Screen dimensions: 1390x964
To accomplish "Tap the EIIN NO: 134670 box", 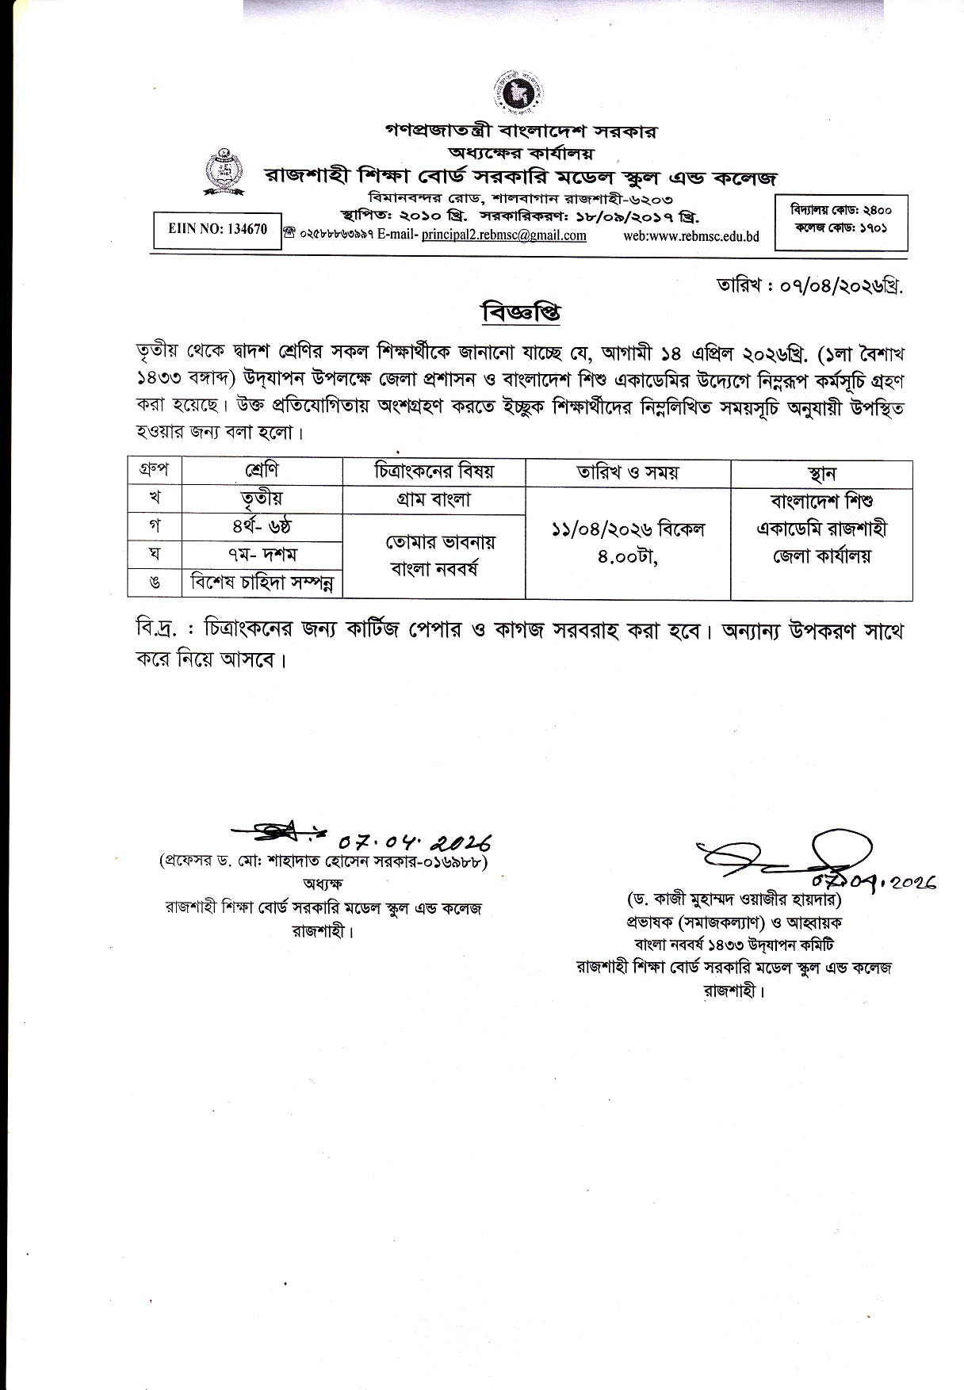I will click(218, 230).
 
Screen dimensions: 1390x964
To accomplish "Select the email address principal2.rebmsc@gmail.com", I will click(503, 235).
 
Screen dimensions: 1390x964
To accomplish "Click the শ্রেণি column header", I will click(262, 471).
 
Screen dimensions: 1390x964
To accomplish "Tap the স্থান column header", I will click(821, 473).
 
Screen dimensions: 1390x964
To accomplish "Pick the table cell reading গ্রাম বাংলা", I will click(434, 499).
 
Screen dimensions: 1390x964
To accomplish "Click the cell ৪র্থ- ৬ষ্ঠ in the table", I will click(262, 526).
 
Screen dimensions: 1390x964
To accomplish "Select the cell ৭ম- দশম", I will click(262, 555).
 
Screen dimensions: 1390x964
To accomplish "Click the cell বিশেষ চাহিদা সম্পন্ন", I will click(262, 584).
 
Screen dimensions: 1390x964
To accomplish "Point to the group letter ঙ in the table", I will click(155, 584).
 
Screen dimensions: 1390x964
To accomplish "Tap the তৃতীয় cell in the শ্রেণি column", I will click(262, 498).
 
